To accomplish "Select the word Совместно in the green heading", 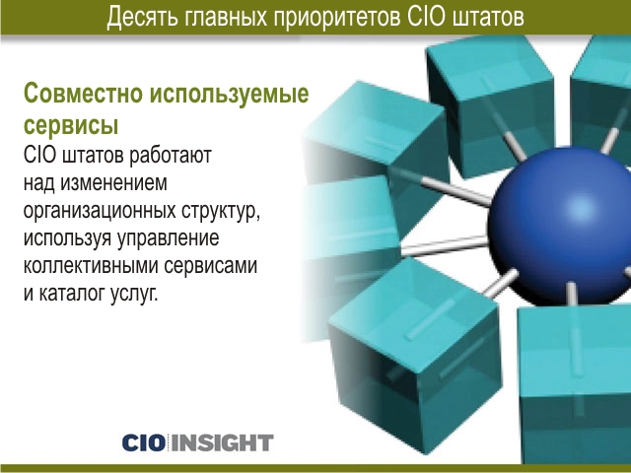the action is pyautogui.click(x=83, y=93).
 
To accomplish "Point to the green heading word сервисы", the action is pyautogui.click(x=71, y=126).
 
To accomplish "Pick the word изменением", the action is pyautogui.click(x=113, y=183).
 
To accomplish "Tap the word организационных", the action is pyautogui.click(x=100, y=211).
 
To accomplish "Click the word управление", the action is pyautogui.click(x=169, y=238).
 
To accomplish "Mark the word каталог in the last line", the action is pyautogui.click(x=72, y=294).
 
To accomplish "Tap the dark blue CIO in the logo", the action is pyautogui.click(x=144, y=443).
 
